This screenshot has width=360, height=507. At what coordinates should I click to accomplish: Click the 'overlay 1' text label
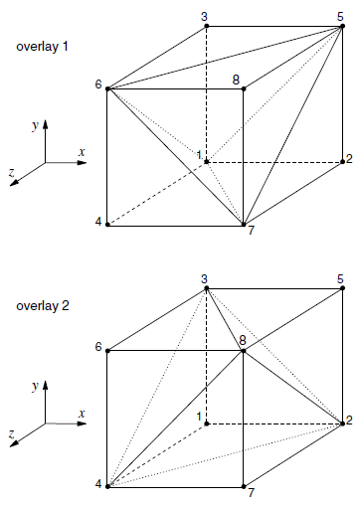tap(42, 47)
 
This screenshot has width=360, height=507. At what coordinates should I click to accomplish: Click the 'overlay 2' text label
tap(43, 306)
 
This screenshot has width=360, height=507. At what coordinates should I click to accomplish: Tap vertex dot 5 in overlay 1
tap(343, 26)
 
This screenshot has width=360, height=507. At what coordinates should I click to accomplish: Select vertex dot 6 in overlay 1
tap(107, 88)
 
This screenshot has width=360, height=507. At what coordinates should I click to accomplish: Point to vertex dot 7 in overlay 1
tap(244, 225)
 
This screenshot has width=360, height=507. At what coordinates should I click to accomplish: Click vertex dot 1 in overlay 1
tap(207, 162)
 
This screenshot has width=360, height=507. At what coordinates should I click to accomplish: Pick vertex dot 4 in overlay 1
tap(107, 225)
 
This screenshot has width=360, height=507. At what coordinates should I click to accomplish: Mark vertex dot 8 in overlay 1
tap(244, 88)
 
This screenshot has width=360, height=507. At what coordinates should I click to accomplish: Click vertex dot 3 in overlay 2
tap(207, 288)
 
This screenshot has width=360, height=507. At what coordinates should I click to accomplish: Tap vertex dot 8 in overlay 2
tap(244, 351)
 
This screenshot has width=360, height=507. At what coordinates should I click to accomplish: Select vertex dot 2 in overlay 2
tap(343, 423)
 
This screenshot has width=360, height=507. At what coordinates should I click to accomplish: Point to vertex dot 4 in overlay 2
tap(107, 486)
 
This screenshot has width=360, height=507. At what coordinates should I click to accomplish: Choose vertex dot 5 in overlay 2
tap(343, 288)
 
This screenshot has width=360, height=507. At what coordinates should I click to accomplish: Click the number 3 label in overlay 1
tap(205, 17)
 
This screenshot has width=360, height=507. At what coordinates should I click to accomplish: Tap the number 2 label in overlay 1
tap(349, 159)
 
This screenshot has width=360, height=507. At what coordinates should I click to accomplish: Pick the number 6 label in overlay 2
tap(98, 347)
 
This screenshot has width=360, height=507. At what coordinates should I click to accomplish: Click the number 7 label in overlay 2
tap(251, 493)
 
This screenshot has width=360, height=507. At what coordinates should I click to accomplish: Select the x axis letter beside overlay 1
tap(82, 152)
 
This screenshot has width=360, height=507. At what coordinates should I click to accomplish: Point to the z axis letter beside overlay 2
tap(12, 433)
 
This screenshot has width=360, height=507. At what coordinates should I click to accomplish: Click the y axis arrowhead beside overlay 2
tap(46, 385)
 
